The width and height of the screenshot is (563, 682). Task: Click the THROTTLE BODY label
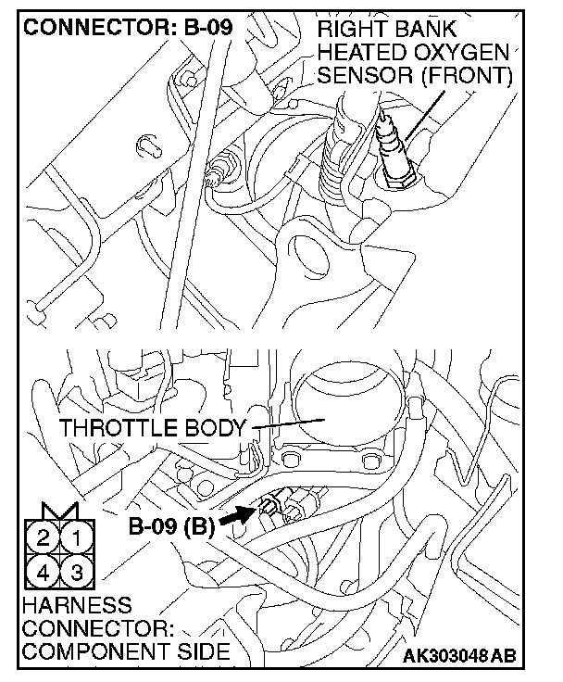tap(153, 429)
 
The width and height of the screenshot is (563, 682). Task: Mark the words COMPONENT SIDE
tap(126, 651)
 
